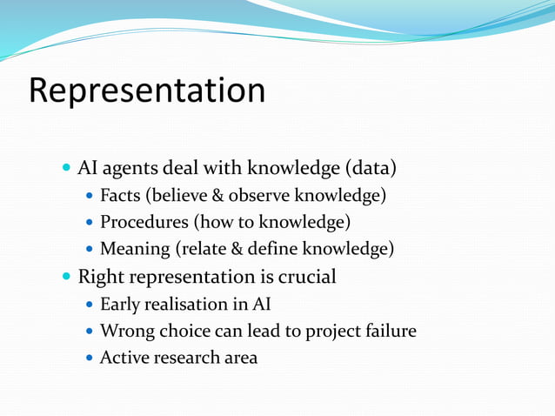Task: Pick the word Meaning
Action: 136,250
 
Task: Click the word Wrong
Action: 125,332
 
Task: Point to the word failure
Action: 389,332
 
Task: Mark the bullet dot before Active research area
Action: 90,359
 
